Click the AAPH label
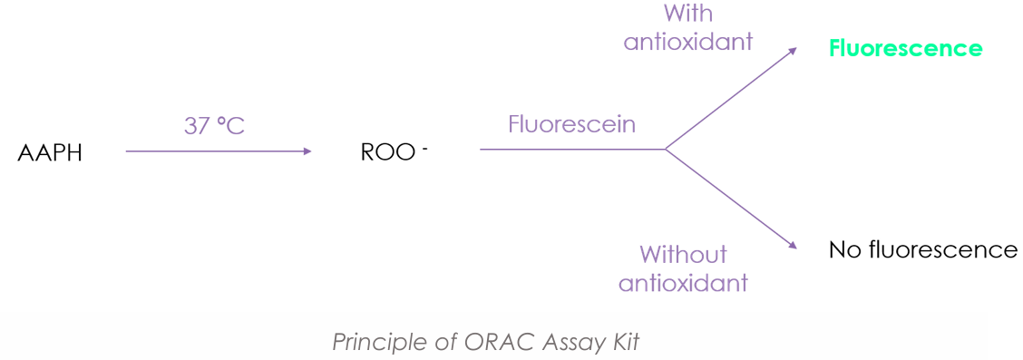(x=50, y=152)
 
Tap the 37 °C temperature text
(x=214, y=125)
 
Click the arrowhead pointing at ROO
(x=307, y=151)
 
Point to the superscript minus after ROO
(x=424, y=146)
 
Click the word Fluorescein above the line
(x=571, y=124)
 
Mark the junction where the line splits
(x=665, y=149)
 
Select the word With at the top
(x=688, y=14)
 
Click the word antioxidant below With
(x=688, y=42)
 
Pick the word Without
(x=683, y=254)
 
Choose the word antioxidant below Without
(x=683, y=283)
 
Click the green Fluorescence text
(x=905, y=48)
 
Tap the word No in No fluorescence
(x=845, y=249)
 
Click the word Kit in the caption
(x=623, y=342)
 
